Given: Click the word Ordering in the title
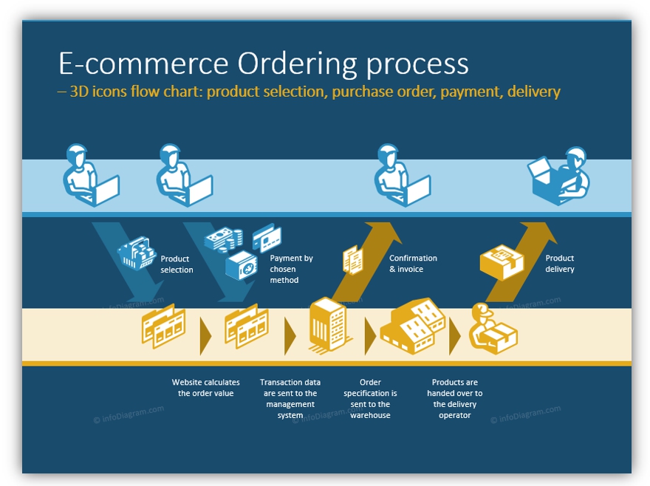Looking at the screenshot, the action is pyautogui.click(x=297, y=64).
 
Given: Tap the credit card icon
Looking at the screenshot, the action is pyautogui.click(x=267, y=238).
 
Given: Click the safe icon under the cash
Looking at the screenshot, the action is pyautogui.click(x=242, y=265).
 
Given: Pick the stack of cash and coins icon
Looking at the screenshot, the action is pyautogui.click(x=224, y=239).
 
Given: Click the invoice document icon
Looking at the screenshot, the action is pyautogui.click(x=353, y=260).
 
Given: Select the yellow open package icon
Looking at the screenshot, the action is pyautogui.click(x=502, y=262).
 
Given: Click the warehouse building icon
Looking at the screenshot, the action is pyautogui.click(x=412, y=326).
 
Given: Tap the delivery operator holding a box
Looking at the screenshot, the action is pyautogui.click(x=493, y=329).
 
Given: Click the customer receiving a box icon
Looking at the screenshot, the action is pyautogui.click(x=559, y=176).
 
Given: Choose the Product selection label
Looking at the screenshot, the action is pyautogui.click(x=177, y=264).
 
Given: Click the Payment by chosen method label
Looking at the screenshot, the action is pyautogui.click(x=291, y=269).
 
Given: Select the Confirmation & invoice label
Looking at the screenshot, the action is pyautogui.click(x=413, y=264).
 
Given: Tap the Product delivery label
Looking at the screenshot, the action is pyautogui.click(x=560, y=264).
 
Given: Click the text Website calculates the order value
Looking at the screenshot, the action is pyautogui.click(x=205, y=388).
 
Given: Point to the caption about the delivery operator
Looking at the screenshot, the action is pyautogui.click(x=455, y=399).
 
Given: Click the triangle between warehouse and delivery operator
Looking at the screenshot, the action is pyautogui.click(x=454, y=336).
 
